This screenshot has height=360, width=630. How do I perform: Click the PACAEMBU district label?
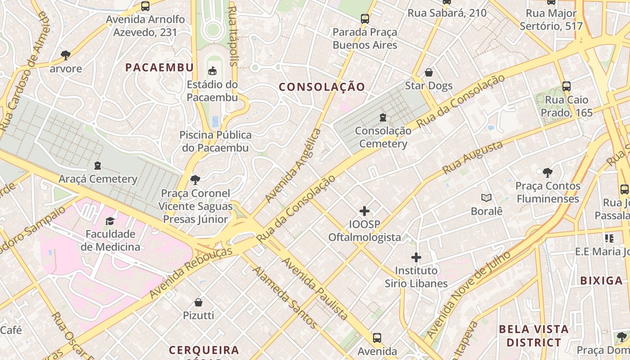point(159,67)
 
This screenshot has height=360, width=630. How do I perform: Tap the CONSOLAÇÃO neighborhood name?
point(322,87)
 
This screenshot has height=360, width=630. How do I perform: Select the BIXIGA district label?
point(601,281)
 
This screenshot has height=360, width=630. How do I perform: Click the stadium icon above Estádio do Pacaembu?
point(212,71)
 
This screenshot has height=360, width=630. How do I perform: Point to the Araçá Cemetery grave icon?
point(98,166)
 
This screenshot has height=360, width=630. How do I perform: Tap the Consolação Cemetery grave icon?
point(383,117)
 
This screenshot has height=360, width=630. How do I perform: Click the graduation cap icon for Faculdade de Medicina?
point(110,220)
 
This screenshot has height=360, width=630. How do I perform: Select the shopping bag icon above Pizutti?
point(198,302)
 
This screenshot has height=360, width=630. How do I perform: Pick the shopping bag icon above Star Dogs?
point(429,72)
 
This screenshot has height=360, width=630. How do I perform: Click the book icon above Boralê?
point(486,198)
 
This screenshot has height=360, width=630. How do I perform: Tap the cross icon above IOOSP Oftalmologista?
point(364,211)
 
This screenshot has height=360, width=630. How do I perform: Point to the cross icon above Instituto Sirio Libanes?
point(416,257)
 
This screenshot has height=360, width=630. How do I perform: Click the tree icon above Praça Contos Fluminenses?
point(548,172)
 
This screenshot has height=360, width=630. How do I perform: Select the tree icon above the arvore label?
point(66,55)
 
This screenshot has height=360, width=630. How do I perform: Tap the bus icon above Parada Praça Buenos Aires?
point(365,19)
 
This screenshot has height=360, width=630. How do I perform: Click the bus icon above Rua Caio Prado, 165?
point(567,86)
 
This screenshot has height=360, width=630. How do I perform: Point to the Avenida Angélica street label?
point(294,165)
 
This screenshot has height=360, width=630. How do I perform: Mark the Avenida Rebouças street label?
point(191,272)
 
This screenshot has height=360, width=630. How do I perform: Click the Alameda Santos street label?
point(285,297)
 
